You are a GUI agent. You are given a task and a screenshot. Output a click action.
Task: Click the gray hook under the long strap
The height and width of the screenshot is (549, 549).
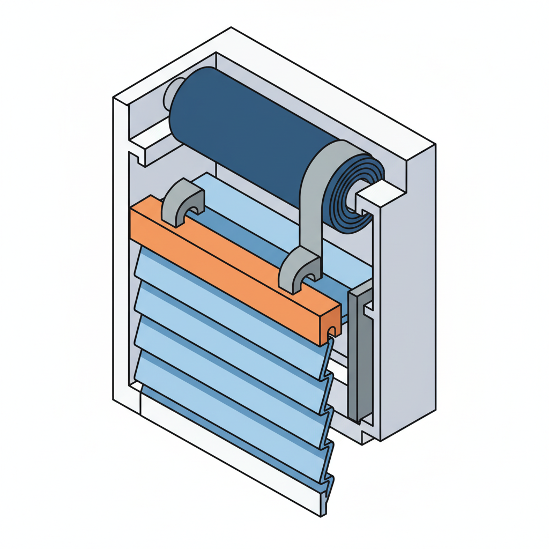coord(300,271)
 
